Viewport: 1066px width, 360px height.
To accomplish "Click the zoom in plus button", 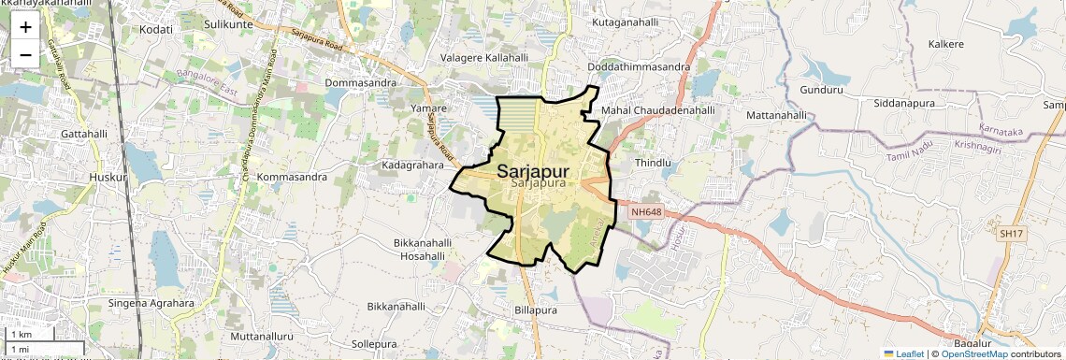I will tap(25, 27).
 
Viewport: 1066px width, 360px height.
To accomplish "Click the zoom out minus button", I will tap(25, 54).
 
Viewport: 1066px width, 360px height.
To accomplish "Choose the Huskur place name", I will tap(107, 176).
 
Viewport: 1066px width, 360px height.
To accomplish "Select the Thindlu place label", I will tap(654, 163).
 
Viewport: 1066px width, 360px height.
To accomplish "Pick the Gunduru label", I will tap(822, 91).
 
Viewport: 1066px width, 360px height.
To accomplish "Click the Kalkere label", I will tap(945, 44).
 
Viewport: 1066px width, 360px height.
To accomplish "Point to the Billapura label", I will tap(536, 310).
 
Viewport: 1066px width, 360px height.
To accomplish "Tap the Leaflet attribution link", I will tap(903, 353).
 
